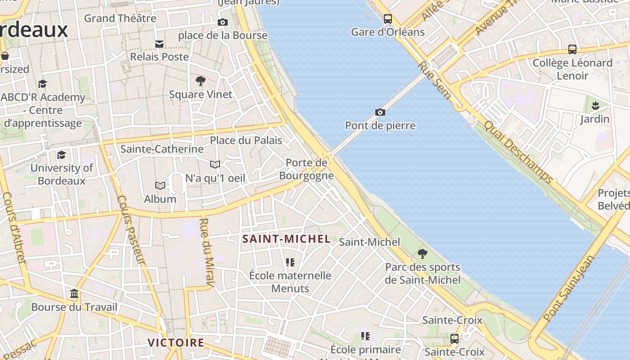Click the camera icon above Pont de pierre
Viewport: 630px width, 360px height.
[x=380, y=112]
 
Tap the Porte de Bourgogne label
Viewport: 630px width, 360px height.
[x=306, y=169]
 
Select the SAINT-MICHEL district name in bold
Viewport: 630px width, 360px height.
[x=287, y=238]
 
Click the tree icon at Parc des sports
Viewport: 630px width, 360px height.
[x=422, y=254]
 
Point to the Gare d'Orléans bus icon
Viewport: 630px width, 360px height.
[x=387, y=19]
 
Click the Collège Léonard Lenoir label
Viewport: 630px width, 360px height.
[x=572, y=69]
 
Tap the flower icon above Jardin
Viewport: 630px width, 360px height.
[x=595, y=106]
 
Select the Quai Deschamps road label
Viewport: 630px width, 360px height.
[x=517, y=151]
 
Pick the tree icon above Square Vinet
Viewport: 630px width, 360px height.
[x=201, y=81]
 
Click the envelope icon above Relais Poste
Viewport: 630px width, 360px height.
[x=159, y=44]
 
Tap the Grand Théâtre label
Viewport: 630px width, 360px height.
[x=120, y=18]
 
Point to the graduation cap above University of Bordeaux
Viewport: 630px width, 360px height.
[x=61, y=155]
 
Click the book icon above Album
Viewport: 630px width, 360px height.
[x=160, y=185]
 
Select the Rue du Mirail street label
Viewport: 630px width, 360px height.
[x=206, y=252]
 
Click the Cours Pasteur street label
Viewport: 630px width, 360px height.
[x=131, y=229]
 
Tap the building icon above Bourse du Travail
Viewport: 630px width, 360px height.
[x=74, y=294]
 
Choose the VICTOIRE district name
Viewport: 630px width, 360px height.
[x=176, y=342]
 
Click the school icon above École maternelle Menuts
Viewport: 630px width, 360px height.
[x=290, y=262]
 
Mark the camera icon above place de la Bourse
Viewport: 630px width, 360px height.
[x=222, y=22]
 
